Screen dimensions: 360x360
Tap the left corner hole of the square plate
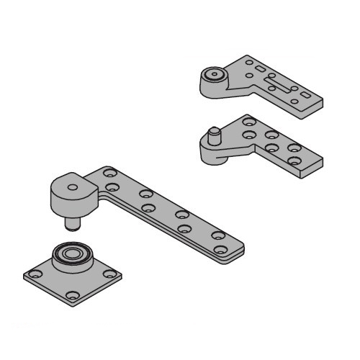33,274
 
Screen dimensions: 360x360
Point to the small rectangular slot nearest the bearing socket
259,69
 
